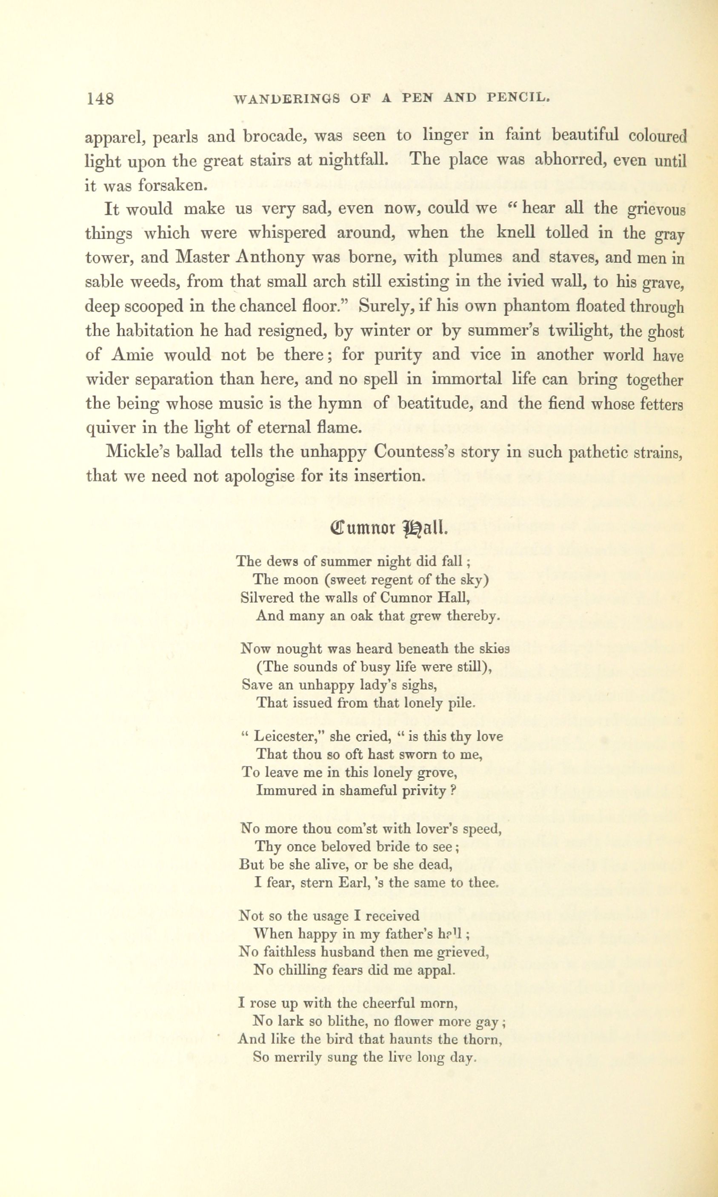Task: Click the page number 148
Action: coord(100,99)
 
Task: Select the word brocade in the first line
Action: coord(273,137)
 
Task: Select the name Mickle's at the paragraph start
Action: coord(136,452)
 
